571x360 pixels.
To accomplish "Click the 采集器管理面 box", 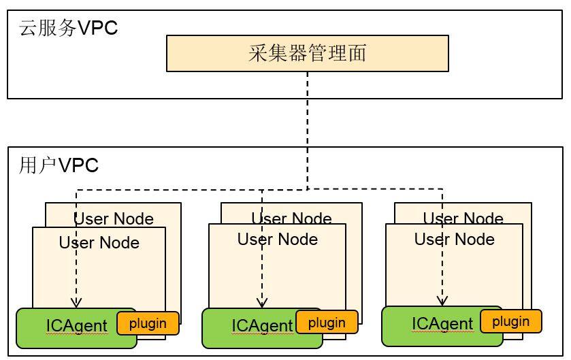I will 307,53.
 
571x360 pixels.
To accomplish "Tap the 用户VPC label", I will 59,165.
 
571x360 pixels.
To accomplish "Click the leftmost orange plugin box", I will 148,323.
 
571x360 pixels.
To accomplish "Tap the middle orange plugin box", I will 327,323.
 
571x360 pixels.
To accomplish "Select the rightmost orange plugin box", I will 510,321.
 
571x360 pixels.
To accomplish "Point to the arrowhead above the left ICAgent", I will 76,301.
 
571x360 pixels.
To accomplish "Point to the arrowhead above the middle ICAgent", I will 262,302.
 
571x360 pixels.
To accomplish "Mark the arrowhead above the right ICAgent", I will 442,300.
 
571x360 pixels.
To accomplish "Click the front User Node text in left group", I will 99,243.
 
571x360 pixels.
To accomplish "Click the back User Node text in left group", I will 114,218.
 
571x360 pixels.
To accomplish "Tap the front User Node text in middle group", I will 277,240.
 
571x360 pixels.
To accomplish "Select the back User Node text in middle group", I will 291,218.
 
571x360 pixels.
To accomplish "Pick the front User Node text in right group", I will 454,240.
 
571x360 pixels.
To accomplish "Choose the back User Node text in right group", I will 463,218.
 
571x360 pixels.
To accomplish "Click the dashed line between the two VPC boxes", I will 308,122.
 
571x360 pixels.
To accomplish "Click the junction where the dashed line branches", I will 308,189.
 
